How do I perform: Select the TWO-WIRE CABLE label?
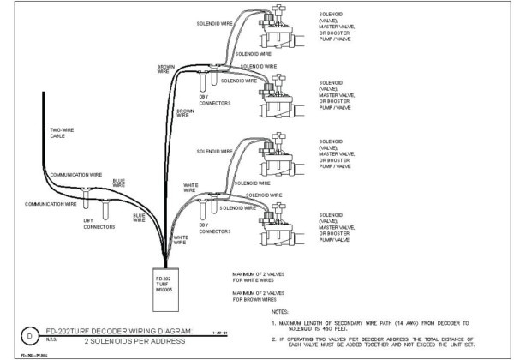coord(59,134)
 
